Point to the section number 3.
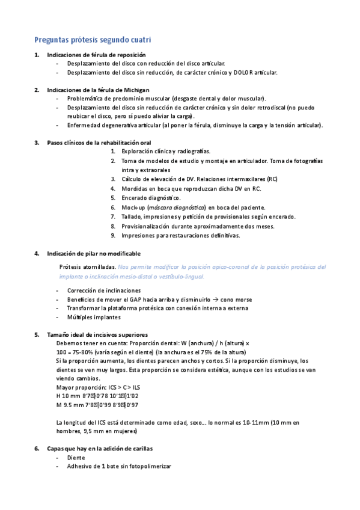[36, 143]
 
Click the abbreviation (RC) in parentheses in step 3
[272, 179]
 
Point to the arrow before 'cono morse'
[224, 300]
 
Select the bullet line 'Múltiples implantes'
[94, 317]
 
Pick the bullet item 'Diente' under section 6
[76, 458]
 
